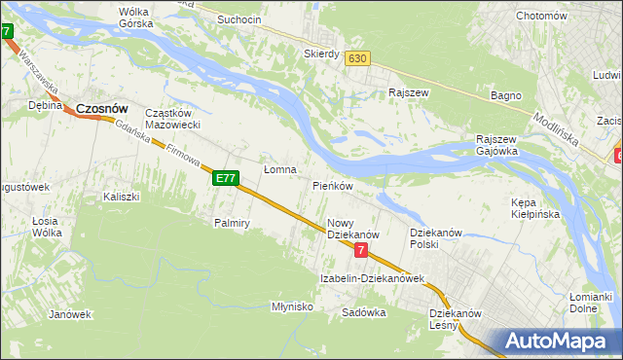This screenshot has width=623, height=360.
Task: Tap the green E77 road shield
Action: [226, 178]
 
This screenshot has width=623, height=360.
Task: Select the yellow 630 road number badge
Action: [357, 58]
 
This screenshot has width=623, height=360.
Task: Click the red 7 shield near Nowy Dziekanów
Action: [361, 250]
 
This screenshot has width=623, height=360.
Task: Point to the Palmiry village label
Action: [233, 223]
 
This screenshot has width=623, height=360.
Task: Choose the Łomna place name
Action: [279, 169]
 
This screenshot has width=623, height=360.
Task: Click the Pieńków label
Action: [332, 185]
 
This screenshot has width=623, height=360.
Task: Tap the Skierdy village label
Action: [321, 54]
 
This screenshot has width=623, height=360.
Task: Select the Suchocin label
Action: [239, 19]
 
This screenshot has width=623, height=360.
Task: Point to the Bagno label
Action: [506, 95]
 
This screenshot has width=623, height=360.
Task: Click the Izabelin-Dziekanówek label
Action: [373, 278]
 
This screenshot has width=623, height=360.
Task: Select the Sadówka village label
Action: [364, 312]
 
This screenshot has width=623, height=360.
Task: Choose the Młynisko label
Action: [292, 306]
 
